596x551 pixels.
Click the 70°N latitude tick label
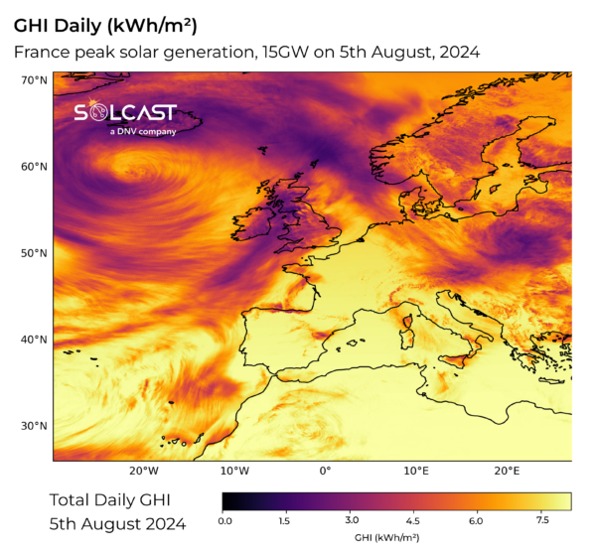click(35, 79)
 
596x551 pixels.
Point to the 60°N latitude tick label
click(35, 166)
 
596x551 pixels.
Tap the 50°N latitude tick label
click(35, 253)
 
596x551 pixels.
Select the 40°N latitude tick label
click(35, 340)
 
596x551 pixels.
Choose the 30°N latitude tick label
click(35, 426)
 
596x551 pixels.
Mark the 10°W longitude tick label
click(234, 471)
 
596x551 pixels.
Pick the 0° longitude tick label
click(325, 471)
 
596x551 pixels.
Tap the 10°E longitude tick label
click(415, 471)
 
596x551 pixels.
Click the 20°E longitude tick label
click(506, 471)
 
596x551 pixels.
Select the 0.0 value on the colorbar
click(224, 519)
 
